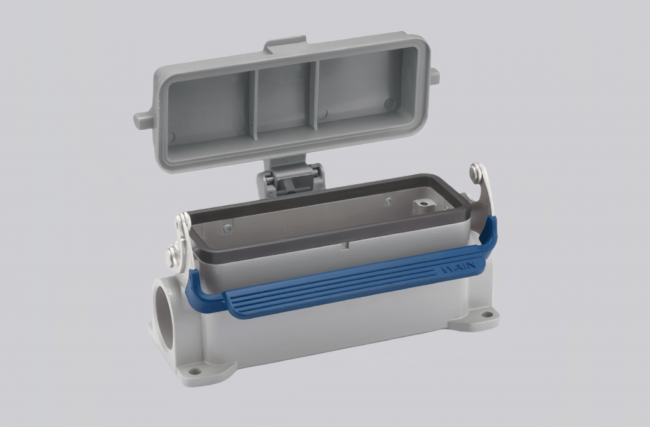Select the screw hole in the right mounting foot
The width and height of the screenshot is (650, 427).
tap(486, 314)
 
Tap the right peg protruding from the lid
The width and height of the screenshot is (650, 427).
tap(434, 76)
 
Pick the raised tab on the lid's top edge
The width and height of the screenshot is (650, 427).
tap(286, 45)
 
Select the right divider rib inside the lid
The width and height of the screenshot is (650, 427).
tap(314, 95)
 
